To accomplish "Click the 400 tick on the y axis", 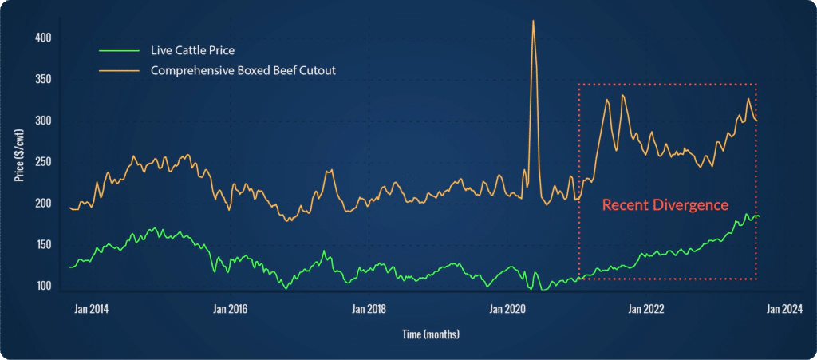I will [x=44, y=38].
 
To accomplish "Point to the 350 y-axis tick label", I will [x=44, y=79].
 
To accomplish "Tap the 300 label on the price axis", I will [x=44, y=121].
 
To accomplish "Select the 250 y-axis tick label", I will [x=44, y=162].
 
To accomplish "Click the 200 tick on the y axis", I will [x=44, y=204].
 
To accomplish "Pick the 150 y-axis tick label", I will [x=44, y=244].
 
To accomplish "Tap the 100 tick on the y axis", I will [x=44, y=286].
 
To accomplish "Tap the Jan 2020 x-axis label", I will [x=505, y=308].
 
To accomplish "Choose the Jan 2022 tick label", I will [x=645, y=308].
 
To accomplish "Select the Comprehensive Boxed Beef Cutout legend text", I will [x=243, y=70].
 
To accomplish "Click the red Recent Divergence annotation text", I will [x=665, y=205].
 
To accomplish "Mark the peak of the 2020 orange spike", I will [x=533, y=21].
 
